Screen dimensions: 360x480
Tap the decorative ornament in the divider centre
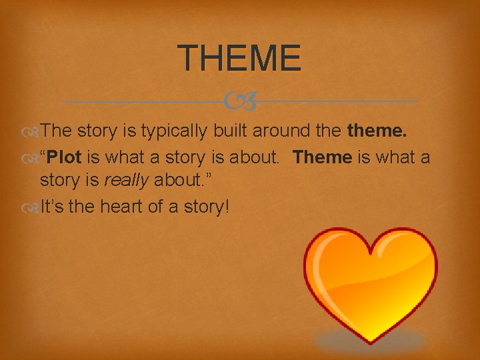click(x=240, y=102)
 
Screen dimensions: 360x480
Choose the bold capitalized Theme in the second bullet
click(x=322, y=157)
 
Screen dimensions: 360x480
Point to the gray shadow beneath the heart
click(x=370, y=341)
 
